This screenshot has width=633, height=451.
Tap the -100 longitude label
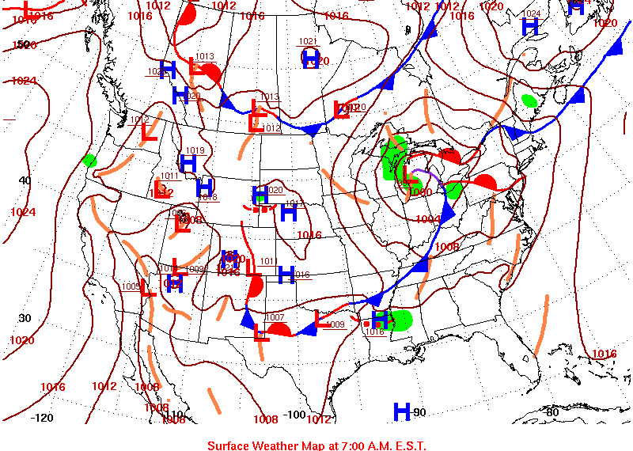click(294, 415)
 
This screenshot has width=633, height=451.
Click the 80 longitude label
click(552, 411)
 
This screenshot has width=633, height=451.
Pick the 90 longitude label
click(419, 412)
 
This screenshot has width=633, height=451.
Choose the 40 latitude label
click(25, 180)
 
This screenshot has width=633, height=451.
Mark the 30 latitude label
click(25, 318)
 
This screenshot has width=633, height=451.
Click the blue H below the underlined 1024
click(530, 26)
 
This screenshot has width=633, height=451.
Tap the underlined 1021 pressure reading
click(308, 41)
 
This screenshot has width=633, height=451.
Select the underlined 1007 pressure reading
click(275, 317)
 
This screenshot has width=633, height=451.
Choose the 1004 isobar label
click(428, 219)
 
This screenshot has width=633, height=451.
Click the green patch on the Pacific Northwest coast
click(89, 161)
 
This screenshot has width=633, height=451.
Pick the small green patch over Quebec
click(529, 100)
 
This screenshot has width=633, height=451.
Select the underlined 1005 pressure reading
click(131, 286)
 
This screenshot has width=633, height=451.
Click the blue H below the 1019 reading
click(188, 163)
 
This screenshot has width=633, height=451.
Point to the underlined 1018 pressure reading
click(208, 196)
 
